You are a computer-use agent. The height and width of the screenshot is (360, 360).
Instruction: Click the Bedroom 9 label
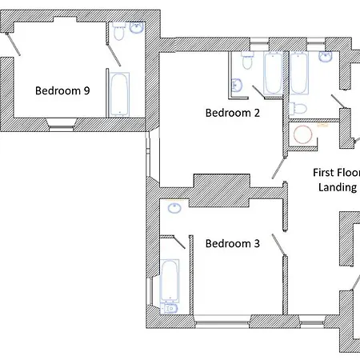[62, 90]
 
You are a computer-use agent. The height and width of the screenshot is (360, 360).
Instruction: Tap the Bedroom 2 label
[233, 113]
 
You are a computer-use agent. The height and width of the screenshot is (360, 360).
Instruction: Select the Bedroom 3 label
[233, 243]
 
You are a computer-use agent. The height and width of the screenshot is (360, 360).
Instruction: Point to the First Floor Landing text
[337, 180]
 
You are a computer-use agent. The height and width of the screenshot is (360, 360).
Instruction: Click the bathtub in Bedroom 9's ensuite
[119, 94]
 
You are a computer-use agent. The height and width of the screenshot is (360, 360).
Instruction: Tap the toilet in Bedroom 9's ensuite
[118, 31]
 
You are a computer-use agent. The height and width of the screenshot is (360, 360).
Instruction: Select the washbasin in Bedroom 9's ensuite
[137, 28]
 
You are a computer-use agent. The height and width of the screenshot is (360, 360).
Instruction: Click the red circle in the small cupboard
[303, 134]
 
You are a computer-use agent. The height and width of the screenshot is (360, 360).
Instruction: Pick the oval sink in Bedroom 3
[174, 208]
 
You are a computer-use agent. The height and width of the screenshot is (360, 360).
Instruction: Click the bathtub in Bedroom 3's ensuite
[170, 281]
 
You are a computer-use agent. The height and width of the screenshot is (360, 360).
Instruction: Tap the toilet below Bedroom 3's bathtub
[169, 308]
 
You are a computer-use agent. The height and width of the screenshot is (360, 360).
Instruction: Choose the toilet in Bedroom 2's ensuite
[247, 60]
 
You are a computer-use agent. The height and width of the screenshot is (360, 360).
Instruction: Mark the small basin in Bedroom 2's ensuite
[236, 86]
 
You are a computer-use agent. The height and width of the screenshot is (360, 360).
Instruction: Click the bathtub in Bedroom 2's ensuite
[273, 73]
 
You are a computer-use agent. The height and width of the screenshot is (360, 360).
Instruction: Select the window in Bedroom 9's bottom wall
[62, 126]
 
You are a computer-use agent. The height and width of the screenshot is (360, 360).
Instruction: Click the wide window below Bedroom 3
[222, 322]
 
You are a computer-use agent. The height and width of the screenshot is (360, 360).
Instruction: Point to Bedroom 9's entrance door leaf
[13, 44]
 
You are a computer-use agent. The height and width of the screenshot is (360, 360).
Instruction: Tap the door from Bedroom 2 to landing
[279, 166]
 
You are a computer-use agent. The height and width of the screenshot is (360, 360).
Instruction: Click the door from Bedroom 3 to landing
[279, 246]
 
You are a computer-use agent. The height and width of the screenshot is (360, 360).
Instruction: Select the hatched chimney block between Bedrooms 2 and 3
[222, 190]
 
